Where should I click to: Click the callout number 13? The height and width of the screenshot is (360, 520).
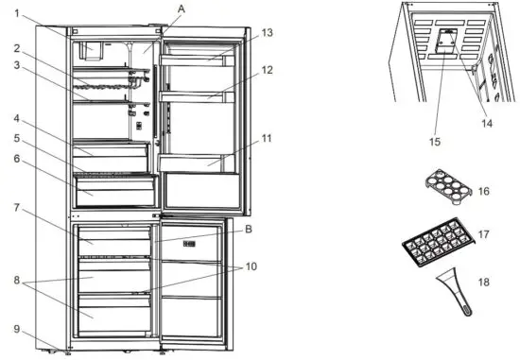[268, 32]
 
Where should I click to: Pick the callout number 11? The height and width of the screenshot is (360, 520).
[268, 138]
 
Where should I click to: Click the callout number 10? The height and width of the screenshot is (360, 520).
[249, 266]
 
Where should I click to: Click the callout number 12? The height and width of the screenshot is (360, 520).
[268, 69]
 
